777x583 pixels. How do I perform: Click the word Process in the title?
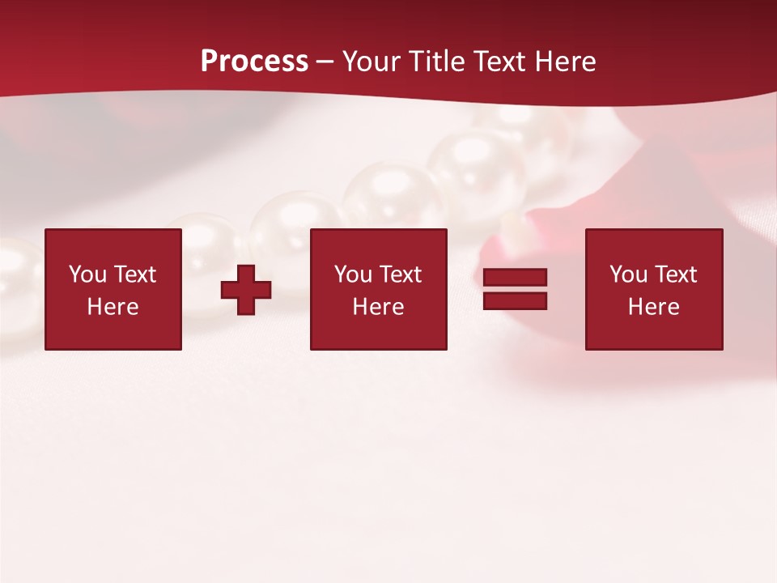(x=254, y=62)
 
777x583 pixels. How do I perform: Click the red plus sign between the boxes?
(x=246, y=290)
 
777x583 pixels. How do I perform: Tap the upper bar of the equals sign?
(x=515, y=278)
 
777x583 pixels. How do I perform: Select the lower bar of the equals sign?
(x=515, y=300)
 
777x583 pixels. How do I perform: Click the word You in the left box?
(x=87, y=274)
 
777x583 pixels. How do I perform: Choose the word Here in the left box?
(x=113, y=307)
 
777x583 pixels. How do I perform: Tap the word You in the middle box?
(x=353, y=274)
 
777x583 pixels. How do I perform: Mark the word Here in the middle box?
(x=378, y=307)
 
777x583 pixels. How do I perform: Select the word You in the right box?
(x=628, y=274)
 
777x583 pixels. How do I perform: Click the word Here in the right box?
(x=653, y=307)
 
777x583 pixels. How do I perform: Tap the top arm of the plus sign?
(x=246, y=273)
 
